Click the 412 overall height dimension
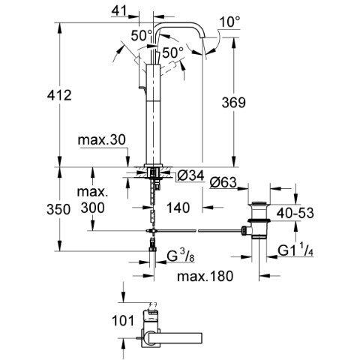click(x=59, y=95)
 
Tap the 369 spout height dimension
click(x=234, y=102)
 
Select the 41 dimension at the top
click(x=119, y=11)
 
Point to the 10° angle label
click(x=229, y=22)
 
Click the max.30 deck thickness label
click(x=101, y=140)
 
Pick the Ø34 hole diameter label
click(x=190, y=175)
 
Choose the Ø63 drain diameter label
click(x=223, y=182)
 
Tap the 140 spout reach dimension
click(x=178, y=208)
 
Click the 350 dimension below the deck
click(x=58, y=209)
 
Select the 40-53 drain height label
click(x=295, y=213)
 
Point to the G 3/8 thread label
click(x=181, y=256)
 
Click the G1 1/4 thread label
click(x=295, y=250)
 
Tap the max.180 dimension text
click(x=205, y=276)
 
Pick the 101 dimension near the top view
click(x=123, y=321)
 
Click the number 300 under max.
click(x=92, y=208)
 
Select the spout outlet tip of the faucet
click(x=204, y=37)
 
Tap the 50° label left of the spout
click(x=142, y=35)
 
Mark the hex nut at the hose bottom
click(x=152, y=249)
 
